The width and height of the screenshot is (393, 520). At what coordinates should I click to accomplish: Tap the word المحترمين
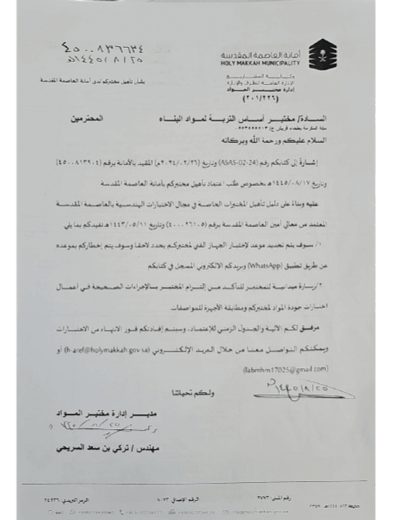coord(97,119)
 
